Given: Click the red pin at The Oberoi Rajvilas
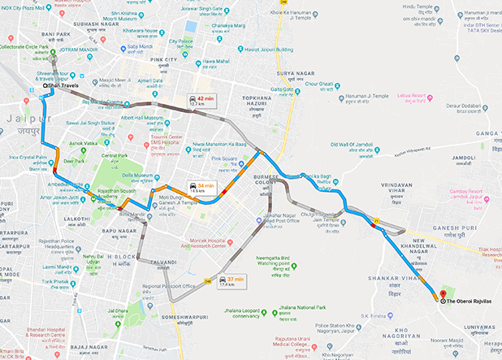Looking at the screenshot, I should tap(442, 294).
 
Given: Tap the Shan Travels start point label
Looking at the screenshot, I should tap(65, 85).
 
